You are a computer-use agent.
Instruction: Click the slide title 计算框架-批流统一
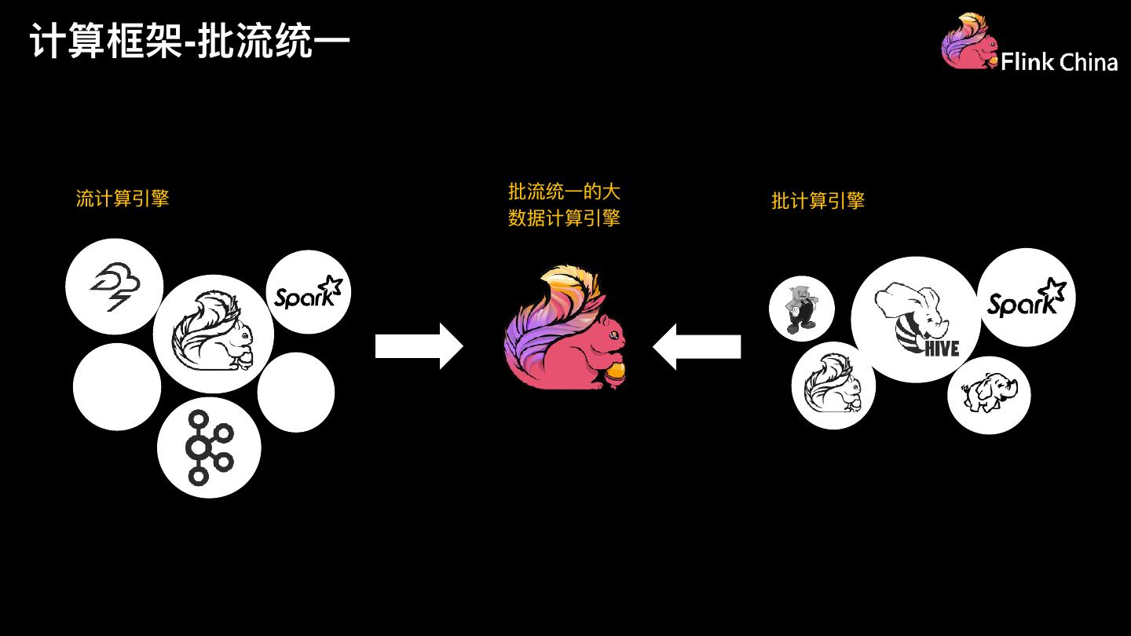point(190,42)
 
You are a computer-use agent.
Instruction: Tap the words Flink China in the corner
point(1059,62)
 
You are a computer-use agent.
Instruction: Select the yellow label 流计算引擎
point(123,199)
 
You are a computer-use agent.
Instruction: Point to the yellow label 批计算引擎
point(818,201)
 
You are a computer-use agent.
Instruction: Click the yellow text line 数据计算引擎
point(564,218)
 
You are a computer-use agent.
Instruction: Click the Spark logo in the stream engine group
point(309,293)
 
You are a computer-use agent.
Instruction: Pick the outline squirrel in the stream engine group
point(214,333)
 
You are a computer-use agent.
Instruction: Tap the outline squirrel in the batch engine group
point(833,385)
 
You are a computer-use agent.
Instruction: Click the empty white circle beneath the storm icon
point(117,386)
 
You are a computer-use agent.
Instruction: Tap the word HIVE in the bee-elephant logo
point(942,346)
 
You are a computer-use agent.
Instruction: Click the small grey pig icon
point(801,308)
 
